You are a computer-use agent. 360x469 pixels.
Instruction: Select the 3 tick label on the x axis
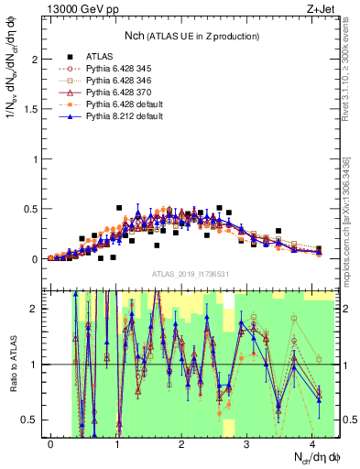(247, 443)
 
